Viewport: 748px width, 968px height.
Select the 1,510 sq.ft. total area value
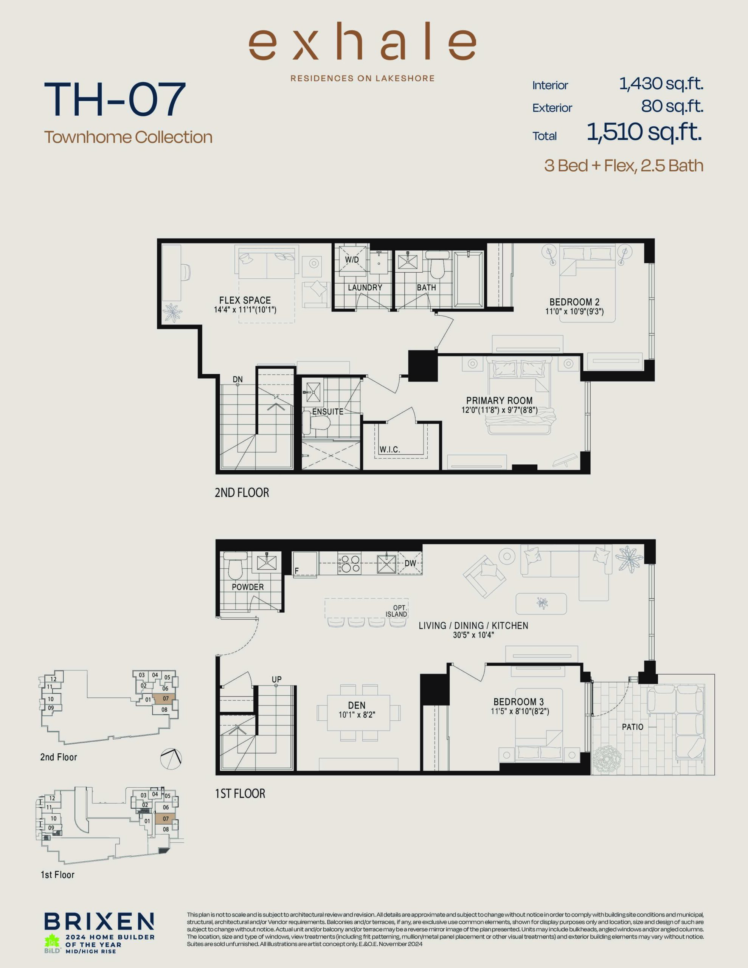pos(644,132)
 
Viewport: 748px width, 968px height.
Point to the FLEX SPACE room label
pos(245,300)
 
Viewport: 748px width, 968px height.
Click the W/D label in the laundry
pos(352,260)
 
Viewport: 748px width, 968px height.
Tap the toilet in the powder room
pos(234,565)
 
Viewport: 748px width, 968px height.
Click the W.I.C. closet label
pos(390,450)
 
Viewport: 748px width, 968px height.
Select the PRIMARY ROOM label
pos(499,400)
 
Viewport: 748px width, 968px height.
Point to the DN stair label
pos(237,379)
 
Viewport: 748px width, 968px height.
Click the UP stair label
pos(277,679)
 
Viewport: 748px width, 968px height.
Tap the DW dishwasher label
pos(410,563)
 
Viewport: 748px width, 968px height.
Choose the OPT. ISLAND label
pos(396,611)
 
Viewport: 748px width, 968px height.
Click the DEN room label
pos(357,705)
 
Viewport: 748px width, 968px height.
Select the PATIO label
pos(632,727)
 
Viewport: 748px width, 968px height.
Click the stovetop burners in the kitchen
pos(349,563)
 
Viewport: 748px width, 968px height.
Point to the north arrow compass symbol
pos(171,759)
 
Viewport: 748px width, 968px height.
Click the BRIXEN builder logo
pos(99,921)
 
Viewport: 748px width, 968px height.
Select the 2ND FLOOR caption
pos(242,492)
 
